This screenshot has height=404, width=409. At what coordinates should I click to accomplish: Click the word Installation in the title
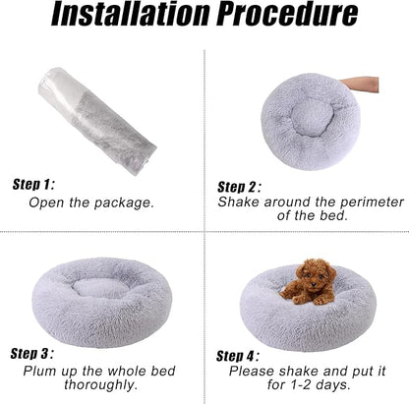(130, 14)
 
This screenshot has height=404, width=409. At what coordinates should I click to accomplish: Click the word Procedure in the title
(287, 14)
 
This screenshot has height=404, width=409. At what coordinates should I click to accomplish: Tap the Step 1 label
(33, 185)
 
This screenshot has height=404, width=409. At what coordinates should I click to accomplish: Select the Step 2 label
(239, 187)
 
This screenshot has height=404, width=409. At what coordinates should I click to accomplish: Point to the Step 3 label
(31, 354)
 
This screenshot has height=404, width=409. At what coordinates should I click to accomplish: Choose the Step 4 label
(238, 356)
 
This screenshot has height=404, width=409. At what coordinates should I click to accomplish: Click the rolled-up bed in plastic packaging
(97, 121)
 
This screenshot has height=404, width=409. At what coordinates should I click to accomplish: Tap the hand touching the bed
(359, 85)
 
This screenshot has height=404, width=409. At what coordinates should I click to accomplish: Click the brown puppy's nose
(315, 285)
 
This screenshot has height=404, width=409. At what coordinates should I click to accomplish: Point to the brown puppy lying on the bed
(309, 281)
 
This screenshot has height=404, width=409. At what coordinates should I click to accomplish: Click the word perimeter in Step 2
(372, 202)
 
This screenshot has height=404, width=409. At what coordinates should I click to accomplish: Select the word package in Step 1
(124, 203)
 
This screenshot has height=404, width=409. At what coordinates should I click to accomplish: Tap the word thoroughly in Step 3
(100, 384)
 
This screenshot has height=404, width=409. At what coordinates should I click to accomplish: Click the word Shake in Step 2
(238, 202)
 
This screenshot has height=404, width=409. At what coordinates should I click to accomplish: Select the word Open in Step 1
(46, 203)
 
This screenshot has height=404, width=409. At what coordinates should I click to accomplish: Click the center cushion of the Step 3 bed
(100, 287)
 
